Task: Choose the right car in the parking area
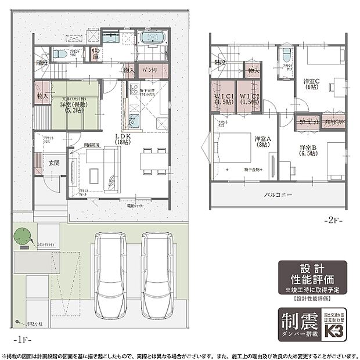[158, 273]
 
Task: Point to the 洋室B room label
[308, 150]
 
